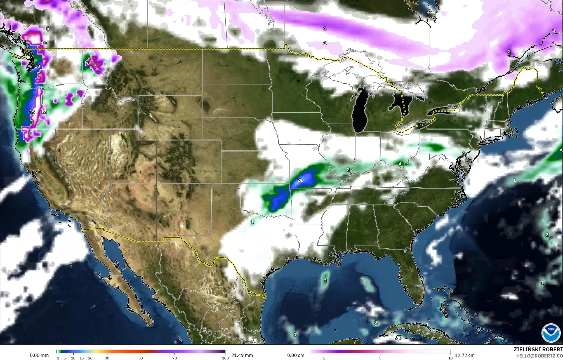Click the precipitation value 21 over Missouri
point(300,180)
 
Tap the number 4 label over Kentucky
point(400,164)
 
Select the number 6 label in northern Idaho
point(88,63)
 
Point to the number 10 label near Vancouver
point(44,43)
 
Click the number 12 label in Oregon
point(44,112)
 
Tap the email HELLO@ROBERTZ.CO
point(539,355)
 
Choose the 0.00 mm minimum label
point(39,355)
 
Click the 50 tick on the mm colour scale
point(141,358)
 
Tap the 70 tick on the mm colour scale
point(175,358)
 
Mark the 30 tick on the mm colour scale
point(107,358)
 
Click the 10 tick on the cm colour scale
point(450,358)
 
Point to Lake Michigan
point(358,112)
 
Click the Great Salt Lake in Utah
point(122,137)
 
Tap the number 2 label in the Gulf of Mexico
point(325,281)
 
